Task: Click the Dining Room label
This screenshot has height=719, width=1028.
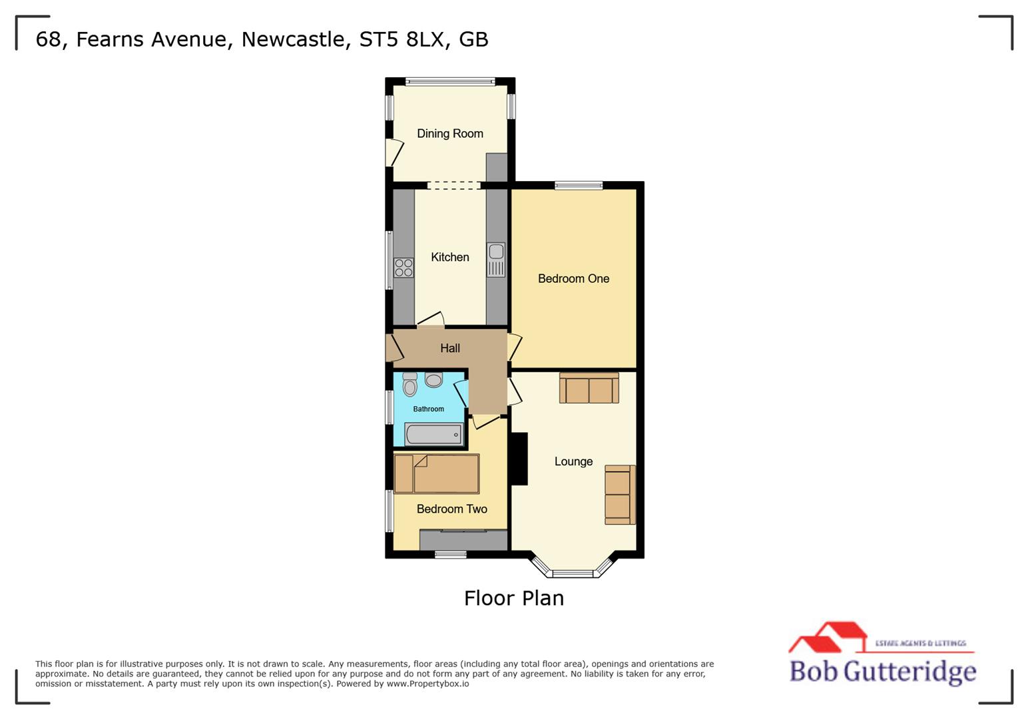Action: (x=450, y=134)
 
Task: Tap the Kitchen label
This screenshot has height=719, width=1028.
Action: (x=450, y=258)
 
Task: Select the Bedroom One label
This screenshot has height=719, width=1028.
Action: (x=573, y=279)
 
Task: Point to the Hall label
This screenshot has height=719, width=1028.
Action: (x=450, y=348)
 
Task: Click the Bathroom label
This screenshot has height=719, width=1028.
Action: (x=428, y=409)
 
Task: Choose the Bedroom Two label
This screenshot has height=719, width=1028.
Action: (x=451, y=509)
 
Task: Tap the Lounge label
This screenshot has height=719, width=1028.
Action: (x=573, y=462)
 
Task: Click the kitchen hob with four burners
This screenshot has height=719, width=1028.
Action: (x=403, y=268)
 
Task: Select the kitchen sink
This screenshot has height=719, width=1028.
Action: (x=496, y=260)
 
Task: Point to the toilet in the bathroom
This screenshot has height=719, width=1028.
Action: (x=410, y=385)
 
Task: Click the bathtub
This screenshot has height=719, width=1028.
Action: (x=433, y=435)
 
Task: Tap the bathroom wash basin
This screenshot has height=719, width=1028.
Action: (x=433, y=380)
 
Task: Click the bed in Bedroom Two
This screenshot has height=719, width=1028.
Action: (x=437, y=474)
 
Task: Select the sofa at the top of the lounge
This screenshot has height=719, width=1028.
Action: (x=589, y=388)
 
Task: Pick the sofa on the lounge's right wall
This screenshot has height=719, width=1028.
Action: (x=619, y=495)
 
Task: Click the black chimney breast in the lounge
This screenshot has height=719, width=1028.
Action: (x=519, y=459)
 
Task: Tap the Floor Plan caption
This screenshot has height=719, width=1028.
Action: (x=513, y=598)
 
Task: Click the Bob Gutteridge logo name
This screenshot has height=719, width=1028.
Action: (x=882, y=670)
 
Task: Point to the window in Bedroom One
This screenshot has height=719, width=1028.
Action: (x=579, y=186)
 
